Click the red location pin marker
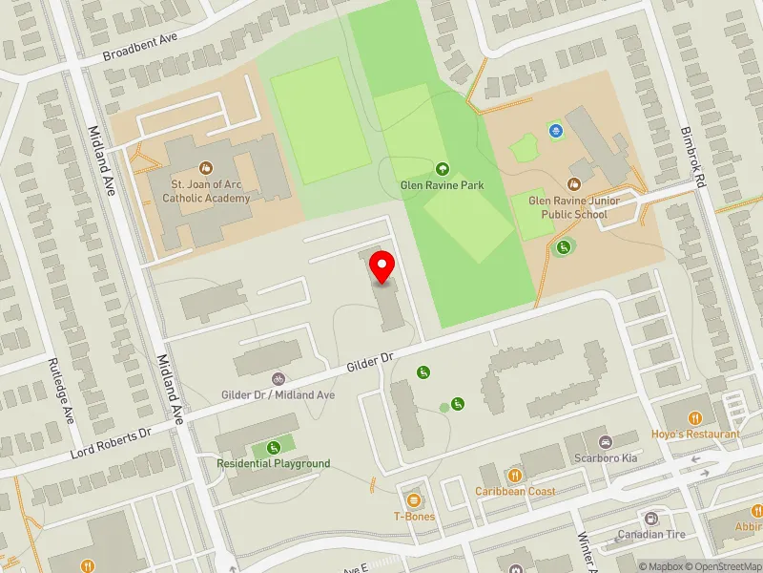pos(382,266)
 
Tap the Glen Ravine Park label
pos(442,185)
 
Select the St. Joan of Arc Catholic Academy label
pos(206,191)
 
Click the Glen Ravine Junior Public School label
pos(567,208)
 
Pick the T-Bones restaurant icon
pos(414,500)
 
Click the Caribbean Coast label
pos(516,491)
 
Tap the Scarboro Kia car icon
pos(605,442)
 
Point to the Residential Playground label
pos(273,463)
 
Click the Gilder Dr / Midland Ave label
pos(278,394)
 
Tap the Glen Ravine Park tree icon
pos(442,168)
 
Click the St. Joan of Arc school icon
pos(205,167)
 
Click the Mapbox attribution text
pos(663,566)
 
